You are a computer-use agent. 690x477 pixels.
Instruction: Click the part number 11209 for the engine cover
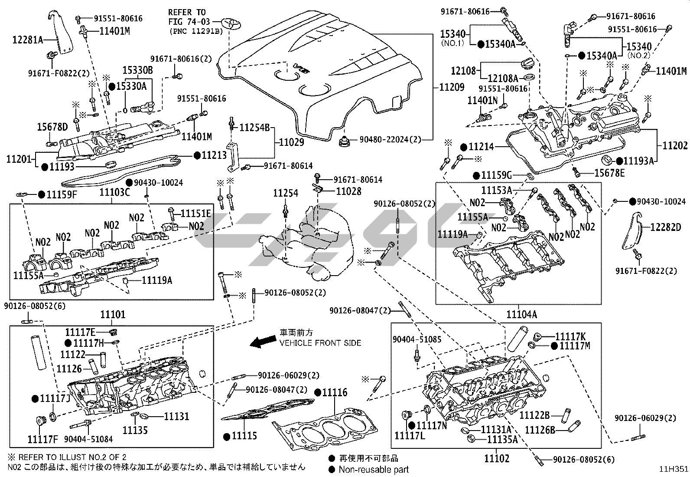[452, 87]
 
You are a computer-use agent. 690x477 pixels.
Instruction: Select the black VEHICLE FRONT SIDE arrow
[262, 342]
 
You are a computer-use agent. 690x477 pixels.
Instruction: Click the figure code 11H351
[674, 469]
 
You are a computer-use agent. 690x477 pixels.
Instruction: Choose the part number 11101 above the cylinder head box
[113, 314]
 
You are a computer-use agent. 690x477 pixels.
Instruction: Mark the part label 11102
[497, 458]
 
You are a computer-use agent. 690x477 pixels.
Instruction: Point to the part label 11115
[244, 436]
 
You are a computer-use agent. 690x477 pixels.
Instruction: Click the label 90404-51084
[88, 439]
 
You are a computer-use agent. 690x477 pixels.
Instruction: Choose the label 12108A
[503, 78]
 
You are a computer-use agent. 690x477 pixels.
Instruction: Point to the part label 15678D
[52, 127]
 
